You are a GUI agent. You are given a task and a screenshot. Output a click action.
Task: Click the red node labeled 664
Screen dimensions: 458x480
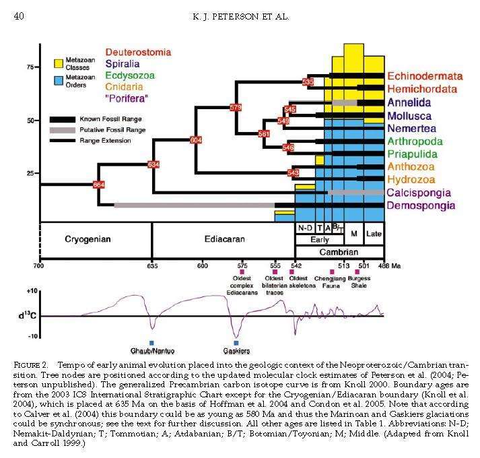(99, 185)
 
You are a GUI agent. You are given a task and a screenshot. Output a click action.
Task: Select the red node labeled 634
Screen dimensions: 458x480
(153, 164)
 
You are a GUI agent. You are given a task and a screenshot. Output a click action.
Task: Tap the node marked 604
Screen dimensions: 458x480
(196, 140)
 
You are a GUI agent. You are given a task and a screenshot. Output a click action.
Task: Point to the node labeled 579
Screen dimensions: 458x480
(236, 107)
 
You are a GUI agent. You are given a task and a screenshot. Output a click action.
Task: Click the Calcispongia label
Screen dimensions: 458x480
(421, 193)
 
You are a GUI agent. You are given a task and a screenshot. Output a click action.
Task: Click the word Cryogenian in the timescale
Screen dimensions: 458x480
(88, 239)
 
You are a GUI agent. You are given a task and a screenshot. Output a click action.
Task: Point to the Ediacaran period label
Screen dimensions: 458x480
(224, 239)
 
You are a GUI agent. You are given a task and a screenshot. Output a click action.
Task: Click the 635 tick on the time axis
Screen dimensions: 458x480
(152, 266)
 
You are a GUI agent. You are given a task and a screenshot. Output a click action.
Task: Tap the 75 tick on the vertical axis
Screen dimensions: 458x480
(30, 68)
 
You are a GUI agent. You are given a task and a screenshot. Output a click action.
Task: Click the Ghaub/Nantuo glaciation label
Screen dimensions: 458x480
(151, 351)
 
